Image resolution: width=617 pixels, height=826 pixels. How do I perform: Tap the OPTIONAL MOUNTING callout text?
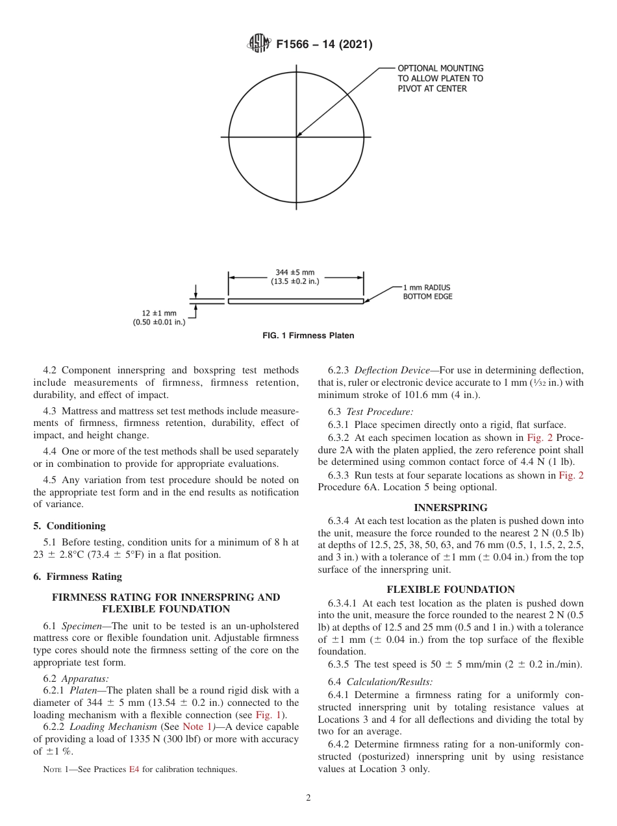(x=440, y=78)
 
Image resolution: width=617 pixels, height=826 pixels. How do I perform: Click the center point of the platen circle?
(x=297, y=136)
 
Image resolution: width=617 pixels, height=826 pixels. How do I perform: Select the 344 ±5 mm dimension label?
(x=295, y=277)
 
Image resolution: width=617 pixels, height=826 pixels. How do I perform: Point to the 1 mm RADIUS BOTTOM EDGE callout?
(x=427, y=292)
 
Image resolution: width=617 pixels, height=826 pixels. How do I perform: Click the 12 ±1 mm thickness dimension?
(x=159, y=318)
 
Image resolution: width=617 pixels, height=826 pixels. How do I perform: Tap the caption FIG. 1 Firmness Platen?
(x=308, y=336)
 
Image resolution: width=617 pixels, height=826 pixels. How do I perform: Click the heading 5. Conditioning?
(x=69, y=525)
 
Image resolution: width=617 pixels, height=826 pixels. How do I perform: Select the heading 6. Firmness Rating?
(x=77, y=576)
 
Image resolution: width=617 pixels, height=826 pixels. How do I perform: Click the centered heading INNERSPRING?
(x=451, y=507)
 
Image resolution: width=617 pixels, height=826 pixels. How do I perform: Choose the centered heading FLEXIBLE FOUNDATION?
(x=451, y=589)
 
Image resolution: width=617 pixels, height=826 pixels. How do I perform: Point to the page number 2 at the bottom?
(x=308, y=798)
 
